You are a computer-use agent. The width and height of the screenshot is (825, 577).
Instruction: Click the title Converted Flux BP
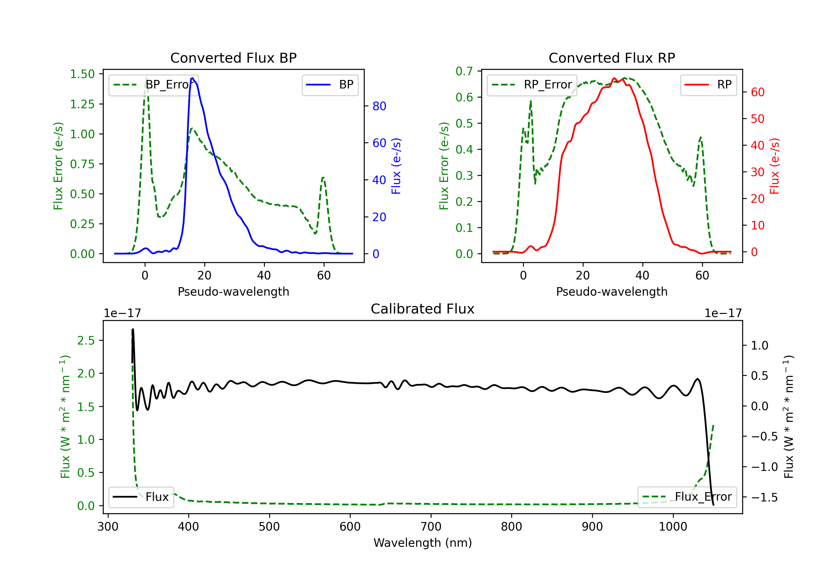point(233,58)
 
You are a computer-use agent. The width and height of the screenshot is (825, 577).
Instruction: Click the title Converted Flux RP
point(612,58)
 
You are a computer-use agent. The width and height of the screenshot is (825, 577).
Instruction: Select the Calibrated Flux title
point(423,309)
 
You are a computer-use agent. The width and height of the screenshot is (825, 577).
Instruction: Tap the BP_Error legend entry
point(153,85)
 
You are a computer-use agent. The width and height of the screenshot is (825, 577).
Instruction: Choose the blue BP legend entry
point(330,85)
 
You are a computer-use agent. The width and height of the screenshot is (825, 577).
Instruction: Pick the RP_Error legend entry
point(532,85)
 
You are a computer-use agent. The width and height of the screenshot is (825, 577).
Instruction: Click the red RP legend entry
point(708,85)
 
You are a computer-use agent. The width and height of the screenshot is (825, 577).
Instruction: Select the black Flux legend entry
point(141,497)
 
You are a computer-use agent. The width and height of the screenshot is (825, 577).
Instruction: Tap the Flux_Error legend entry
point(687,497)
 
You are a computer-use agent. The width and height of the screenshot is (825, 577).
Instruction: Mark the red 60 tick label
point(758,92)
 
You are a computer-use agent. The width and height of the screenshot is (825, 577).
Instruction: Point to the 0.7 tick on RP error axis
point(464,71)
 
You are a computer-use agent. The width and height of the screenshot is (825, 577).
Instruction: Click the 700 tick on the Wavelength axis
point(431,527)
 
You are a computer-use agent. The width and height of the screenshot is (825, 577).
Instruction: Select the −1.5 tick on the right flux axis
point(765,497)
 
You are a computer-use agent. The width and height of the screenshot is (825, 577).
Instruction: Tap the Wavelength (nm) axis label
point(423,543)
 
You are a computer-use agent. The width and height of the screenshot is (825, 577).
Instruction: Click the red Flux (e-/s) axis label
point(775,166)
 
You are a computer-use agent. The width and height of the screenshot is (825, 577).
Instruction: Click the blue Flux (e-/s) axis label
point(396,166)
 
